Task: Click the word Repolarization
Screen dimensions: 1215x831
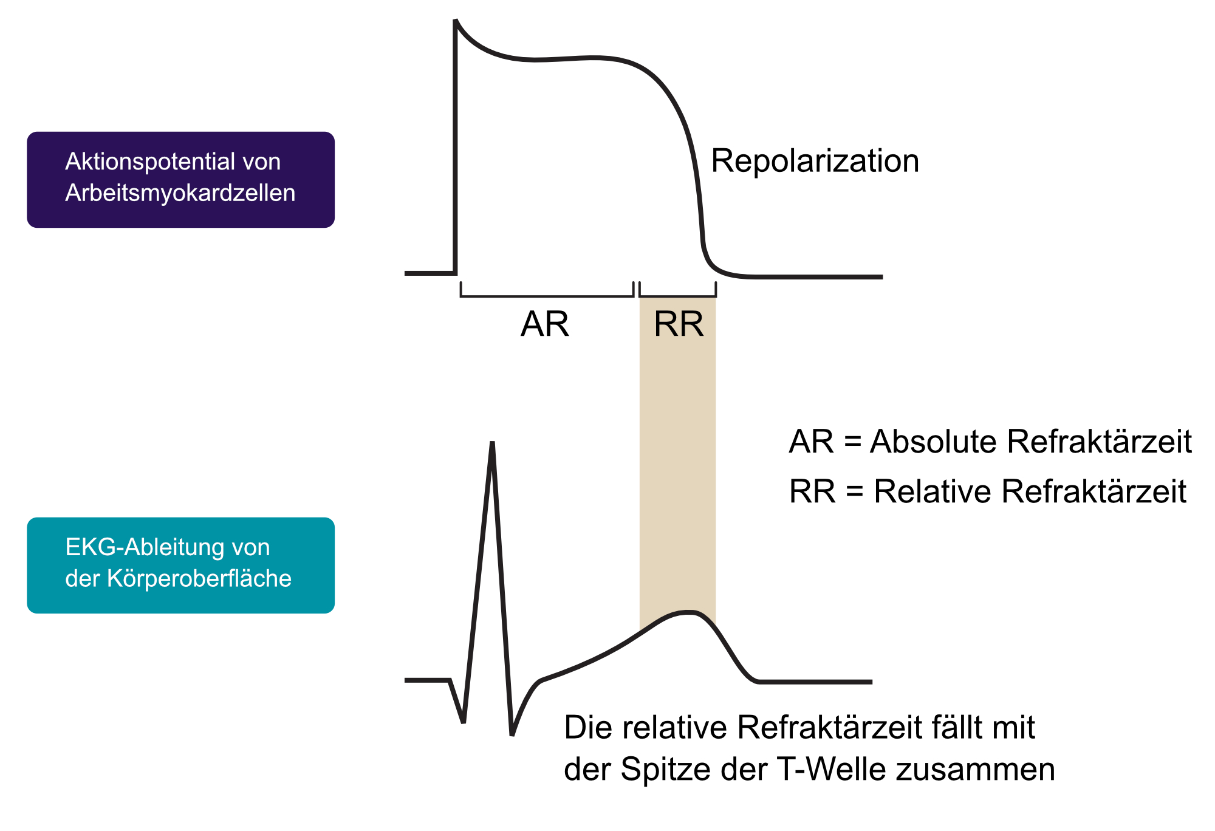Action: click(815, 162)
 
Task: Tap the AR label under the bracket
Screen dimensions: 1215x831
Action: click(545, 324)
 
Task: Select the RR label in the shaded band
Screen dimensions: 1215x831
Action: click(679, 324)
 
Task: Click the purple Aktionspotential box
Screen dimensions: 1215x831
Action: click(180, 180)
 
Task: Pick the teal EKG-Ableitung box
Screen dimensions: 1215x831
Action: click(180, 565)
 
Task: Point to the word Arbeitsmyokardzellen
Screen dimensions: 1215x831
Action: click(180, 193)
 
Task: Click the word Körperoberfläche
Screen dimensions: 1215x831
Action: click(199, 578)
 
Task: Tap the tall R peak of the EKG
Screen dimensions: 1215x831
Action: click(492, 443)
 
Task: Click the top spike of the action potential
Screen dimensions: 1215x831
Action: click(456, 21)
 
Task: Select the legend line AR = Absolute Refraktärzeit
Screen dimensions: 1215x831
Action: click(990, 442)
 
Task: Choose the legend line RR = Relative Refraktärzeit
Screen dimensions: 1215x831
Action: click(988, 491)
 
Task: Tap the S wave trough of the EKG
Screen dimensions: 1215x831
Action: click(512, 734)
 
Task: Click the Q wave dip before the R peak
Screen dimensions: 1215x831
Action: click(464, 722)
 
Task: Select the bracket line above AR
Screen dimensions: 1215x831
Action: click(547, 296)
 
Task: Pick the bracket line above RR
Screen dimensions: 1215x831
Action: click(677, 296)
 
